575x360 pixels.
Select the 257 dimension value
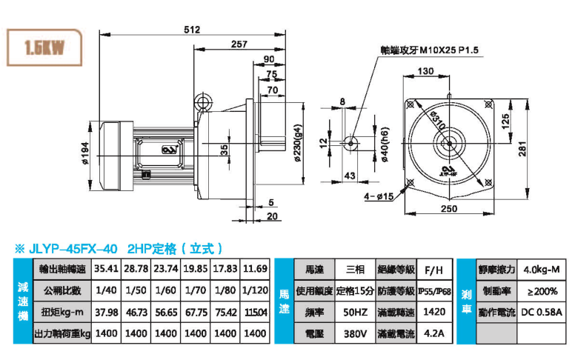pyautogui.click(x=239, y=45)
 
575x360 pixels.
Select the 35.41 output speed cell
pyautogui.click(x=107, y=267)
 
